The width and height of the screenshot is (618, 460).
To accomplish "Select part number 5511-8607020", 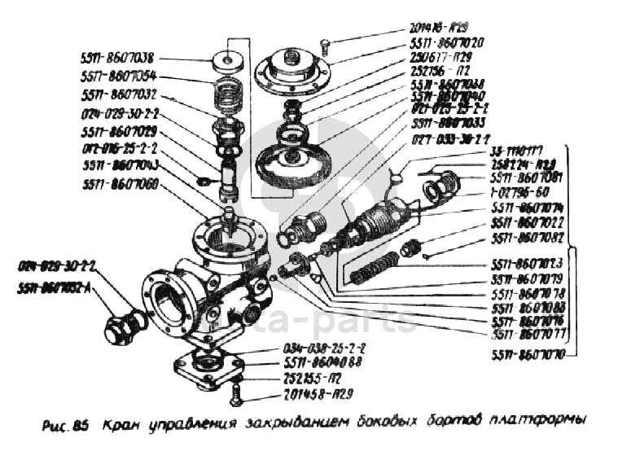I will tap(448, 42).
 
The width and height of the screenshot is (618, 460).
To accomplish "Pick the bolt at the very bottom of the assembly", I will tap(236, 398).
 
